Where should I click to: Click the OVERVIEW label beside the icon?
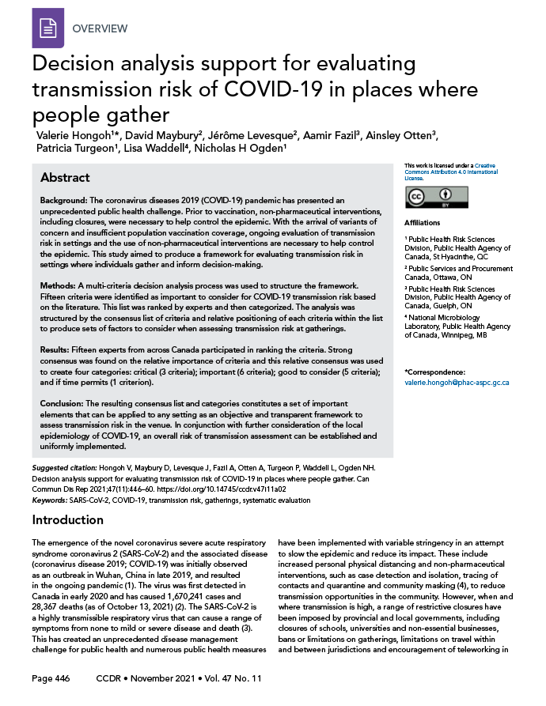click(x=100, y=28)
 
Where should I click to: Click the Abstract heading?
click(x=65, y=177)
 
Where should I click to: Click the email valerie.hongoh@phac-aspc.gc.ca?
click(x=456, y=382)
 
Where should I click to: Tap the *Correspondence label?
click(x=436, y=372)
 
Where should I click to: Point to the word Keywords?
click(x=54, y=500)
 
